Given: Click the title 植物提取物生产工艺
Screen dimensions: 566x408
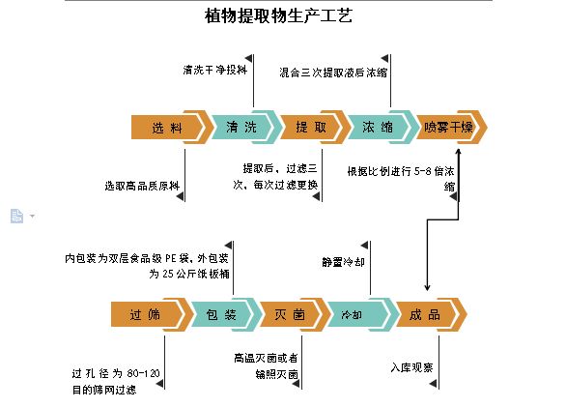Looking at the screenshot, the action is (278, 15).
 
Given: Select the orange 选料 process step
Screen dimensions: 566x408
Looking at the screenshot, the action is (170, 128).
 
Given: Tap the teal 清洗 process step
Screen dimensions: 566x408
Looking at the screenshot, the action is (243, 127).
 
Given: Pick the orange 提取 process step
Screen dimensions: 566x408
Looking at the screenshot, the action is (313, 127).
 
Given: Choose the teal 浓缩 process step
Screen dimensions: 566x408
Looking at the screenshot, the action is (381, 127).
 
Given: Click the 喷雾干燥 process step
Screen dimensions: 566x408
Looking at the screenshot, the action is (450, 127).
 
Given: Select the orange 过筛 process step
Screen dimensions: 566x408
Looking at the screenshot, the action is (150, 314).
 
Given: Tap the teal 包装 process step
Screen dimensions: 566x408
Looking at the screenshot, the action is (224, 314).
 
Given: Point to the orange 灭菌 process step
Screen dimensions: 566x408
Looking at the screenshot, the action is (293, 314).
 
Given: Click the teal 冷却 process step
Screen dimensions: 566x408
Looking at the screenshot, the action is (360, 314).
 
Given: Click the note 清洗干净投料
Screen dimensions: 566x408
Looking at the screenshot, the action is (214, 70).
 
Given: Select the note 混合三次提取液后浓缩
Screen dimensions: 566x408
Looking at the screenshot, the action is (333, 73).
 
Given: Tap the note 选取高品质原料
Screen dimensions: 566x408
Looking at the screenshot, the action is (142, 186).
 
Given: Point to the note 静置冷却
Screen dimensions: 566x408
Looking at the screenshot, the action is (343, 262).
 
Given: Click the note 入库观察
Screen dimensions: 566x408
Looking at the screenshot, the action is (411, 367).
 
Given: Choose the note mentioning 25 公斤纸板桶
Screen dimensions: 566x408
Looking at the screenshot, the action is (147, 266).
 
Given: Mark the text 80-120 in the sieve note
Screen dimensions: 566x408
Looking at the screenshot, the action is (143, 373).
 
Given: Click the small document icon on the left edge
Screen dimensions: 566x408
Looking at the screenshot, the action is (16, 217).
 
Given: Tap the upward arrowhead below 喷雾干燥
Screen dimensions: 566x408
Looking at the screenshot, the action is (459, 151).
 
